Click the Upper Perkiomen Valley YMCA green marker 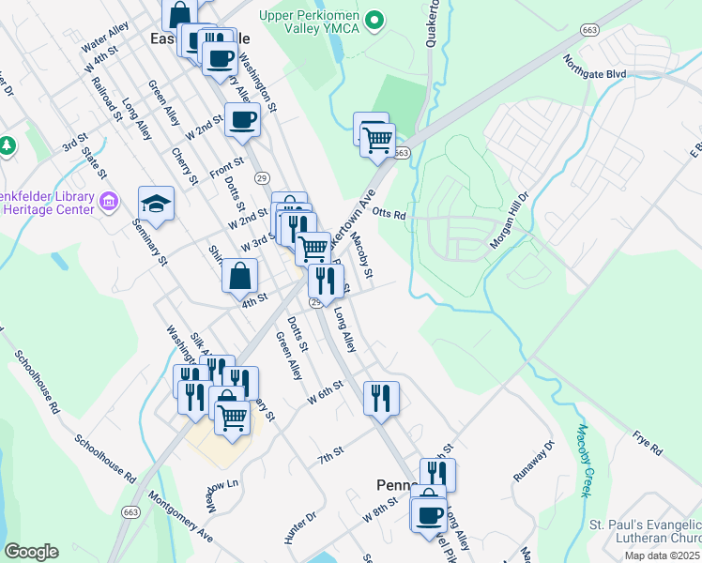click(375, 19)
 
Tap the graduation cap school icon click(157, 203)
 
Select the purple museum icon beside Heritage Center click(109, 201)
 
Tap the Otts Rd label click(389, 214)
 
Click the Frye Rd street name click(647, 445)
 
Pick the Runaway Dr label click(536, 463)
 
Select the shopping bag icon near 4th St click(239, 276)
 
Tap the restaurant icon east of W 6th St click(381, 397)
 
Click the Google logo click(31, 552)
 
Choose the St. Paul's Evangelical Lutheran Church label click(645, 531)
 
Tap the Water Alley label click(104, 38)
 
